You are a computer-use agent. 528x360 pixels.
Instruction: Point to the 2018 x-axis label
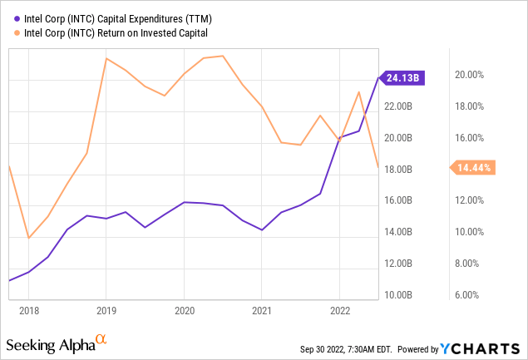click(x=28, y=309)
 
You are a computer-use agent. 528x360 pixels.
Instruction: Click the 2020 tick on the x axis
click(x=184, y=309)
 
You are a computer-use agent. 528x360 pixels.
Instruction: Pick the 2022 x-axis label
click(x=340, y=309)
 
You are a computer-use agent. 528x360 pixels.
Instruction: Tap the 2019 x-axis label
click(x=106, y=309)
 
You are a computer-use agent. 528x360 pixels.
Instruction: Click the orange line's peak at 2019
click(x=106, y=58)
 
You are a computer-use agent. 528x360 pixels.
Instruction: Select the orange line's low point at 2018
click(x=28, y=239)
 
